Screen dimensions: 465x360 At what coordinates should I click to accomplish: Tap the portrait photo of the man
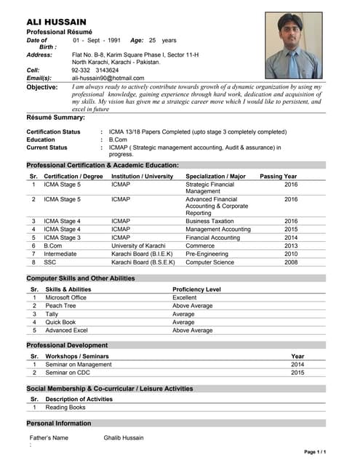(x=293, y=45)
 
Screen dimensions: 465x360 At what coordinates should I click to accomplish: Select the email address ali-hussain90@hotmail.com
(x=108, y=78)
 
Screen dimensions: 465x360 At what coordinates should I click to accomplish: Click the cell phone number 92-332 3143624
(x=95, y=70)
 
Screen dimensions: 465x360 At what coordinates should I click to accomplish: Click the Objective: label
(x=42, y=87)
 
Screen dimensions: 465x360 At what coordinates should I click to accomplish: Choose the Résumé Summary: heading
(x=56, y=117)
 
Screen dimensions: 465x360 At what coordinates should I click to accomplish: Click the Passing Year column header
(x=279, y=176)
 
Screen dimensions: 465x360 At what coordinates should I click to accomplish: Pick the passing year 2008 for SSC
(x=291, y=263)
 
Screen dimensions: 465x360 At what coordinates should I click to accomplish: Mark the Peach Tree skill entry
(x=60, y=306)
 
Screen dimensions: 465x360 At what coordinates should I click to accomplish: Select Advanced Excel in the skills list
(x=66, y=330)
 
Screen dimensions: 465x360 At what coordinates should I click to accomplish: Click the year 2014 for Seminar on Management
(x=297, y=364)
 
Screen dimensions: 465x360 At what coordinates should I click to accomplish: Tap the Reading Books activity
(x=65, y=407)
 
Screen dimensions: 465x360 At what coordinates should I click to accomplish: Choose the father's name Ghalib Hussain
(x=124, y=437)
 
